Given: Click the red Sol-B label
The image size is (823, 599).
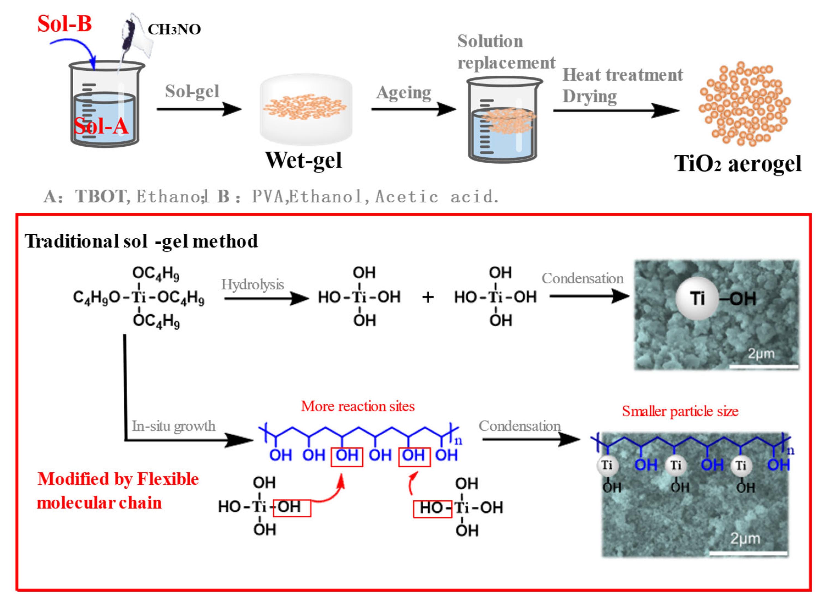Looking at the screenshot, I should [64, 24].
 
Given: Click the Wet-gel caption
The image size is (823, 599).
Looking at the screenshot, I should [303, 160].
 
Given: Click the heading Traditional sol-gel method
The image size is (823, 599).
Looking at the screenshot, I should [141, 241].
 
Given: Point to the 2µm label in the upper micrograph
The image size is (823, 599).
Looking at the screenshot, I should [761, 353].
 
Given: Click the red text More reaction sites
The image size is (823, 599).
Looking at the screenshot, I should [357, 406].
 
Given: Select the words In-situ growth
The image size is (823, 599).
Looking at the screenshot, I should [173, 426].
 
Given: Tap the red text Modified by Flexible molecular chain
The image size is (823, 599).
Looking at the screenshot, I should [118, 491].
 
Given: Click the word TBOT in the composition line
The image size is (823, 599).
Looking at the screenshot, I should [101, 197].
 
